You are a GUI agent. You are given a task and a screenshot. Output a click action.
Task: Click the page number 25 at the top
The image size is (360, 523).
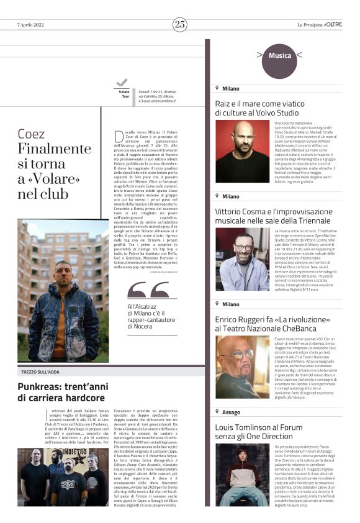(180, 24)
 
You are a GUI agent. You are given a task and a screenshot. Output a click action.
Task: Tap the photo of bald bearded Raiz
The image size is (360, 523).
(242, 151)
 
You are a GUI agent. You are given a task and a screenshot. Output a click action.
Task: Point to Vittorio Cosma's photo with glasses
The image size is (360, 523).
(242, 260)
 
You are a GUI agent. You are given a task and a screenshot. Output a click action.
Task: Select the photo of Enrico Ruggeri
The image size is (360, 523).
(242, 366)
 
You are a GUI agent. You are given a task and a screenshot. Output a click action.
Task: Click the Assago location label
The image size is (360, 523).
(230, 412)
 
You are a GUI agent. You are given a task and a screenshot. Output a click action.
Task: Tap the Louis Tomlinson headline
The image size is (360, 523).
(262, 432)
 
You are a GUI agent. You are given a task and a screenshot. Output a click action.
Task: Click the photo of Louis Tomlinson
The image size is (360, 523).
(242, 475)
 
